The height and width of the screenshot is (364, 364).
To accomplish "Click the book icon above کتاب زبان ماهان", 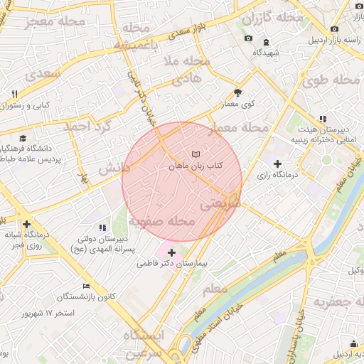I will (196, 154).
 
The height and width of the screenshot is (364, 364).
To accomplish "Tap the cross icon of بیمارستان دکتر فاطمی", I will (171, 252).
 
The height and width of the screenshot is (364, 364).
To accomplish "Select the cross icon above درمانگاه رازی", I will (287, 164).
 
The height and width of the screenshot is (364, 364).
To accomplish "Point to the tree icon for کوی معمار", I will (237, 92).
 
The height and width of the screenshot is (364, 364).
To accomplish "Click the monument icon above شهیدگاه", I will (267, 41).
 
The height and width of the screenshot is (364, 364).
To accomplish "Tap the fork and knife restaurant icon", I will (14, 94).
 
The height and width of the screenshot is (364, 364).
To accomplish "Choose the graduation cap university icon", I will (23, 138).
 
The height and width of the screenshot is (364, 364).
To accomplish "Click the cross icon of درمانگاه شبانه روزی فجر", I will (27, 223).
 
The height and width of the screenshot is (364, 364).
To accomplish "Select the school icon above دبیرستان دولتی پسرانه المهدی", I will (102, 227).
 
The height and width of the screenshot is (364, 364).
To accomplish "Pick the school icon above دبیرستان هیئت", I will (322, 119).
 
